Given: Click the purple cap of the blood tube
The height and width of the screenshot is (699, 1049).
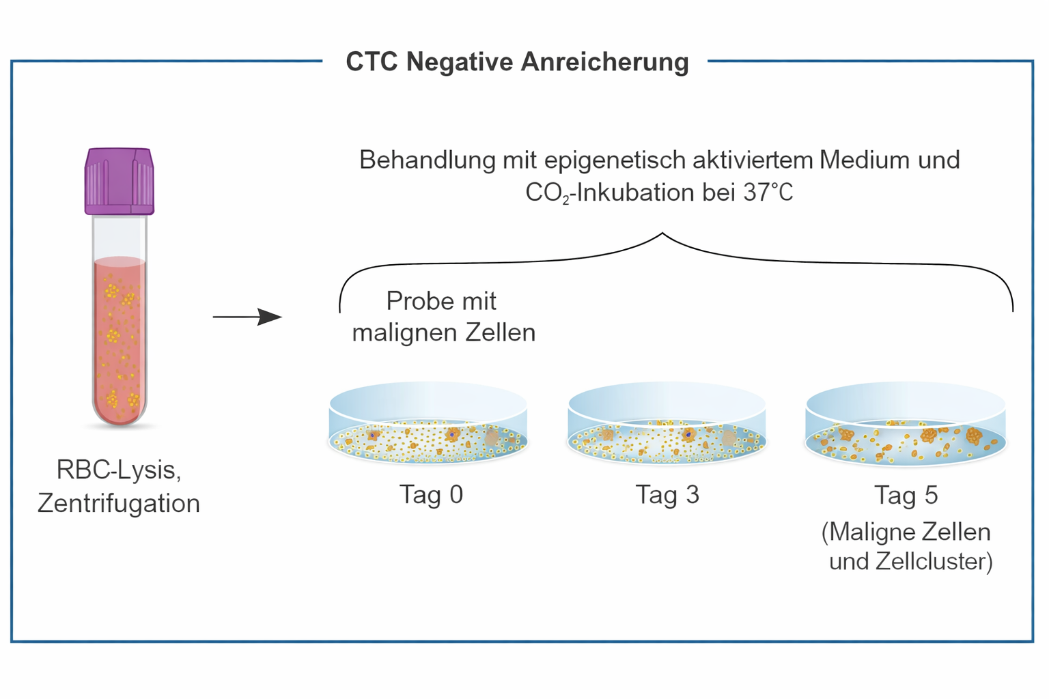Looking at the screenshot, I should pyautogui.click(x=120, y=181).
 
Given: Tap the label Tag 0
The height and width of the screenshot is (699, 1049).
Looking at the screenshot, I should pyautogui.click(x=431, y=494).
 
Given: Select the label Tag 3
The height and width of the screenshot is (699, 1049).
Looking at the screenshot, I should pyautogui.click(x=667, y=494).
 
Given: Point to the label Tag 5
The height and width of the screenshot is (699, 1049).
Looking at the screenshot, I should pyautogui.click(x=906, y=495).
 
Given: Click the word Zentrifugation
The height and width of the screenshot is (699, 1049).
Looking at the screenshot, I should pyautogui.click(x=119, y=504).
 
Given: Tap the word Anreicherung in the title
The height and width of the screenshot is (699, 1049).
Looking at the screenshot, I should pyautogui.click(x=605, y=61).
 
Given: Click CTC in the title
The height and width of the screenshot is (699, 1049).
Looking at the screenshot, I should pyautogui.click(x=372, y=61).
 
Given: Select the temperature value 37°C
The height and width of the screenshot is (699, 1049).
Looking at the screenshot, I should pyautogui.click(x=768, y=192).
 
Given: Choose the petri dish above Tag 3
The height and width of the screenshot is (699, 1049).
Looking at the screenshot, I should pyautogui.click(x=667, y=425).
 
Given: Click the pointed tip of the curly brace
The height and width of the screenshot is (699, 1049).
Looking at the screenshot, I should pyautogui.click(x=662, y=234).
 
